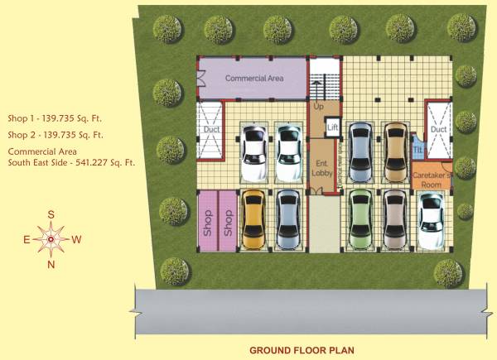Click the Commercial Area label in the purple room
pos(254,78)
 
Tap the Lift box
pos(332,127)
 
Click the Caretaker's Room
pos(432,180)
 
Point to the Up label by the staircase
pos(319,107)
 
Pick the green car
pos(360,220)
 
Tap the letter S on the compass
pos(51,214)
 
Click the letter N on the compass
pos(51,264)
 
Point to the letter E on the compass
pos(27,240)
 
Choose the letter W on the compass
pos(76,240)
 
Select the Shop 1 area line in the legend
pos(55,118)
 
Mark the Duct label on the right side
pos(438,130)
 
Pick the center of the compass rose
pos(51,239)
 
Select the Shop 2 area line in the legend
pos(55,135)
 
